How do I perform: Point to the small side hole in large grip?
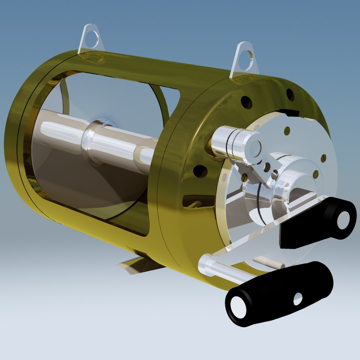(x=298, y=299)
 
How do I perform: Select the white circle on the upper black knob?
(x=343, y=220)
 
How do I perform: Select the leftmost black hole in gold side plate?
(x=200, y=171)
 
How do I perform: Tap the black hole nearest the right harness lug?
(x=246, y=102)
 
